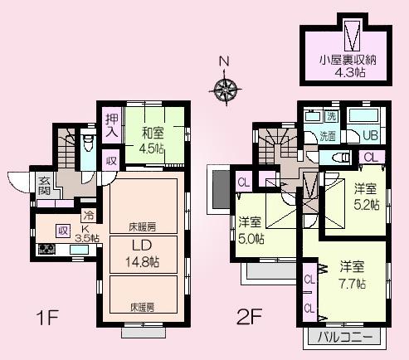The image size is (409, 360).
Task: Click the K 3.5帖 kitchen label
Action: [x=85, y=234]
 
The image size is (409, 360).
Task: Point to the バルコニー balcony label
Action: [x=352, y=337]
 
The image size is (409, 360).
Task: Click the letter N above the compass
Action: [x=224, y=61]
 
